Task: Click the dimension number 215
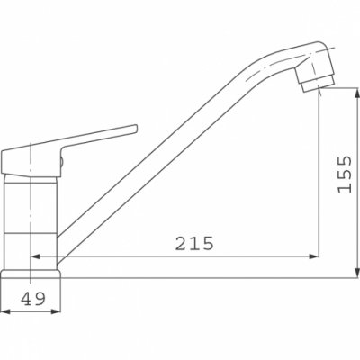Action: [x=194, y=243]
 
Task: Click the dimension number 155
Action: [x=344, y=175]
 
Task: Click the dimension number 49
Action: [x=33, y=299]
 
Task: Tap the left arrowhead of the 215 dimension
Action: [x=35, y=256]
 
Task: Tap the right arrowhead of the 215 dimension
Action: [x=313, y=256]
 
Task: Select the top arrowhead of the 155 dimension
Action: [x=356, y=93]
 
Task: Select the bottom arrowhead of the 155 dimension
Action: [x=356, y=274]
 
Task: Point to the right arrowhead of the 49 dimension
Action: [x=56, y=311]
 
